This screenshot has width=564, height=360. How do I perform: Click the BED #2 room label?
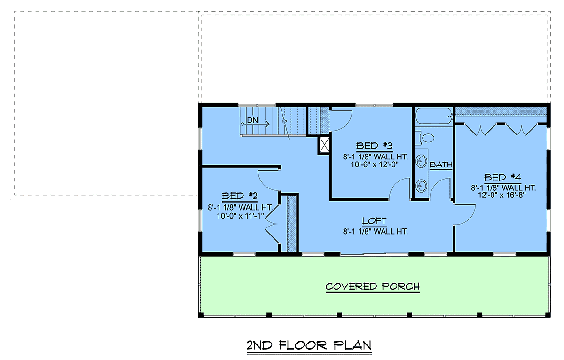[x=239, y=196]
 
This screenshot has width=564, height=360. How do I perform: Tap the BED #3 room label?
[x=374, y=146]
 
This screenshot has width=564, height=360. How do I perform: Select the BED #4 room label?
[x=502, y=178]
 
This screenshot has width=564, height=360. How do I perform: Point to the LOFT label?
[x=374, y=221]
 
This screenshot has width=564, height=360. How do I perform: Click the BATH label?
[x=441, y=164]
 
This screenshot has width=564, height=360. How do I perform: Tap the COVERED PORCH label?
[x=373, y=287]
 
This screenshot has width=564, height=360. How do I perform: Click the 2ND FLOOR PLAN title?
[x=309, y=345]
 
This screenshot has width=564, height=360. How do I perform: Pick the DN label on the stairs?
[x=252, y=120]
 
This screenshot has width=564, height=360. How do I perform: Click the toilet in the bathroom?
[x=425, y=138]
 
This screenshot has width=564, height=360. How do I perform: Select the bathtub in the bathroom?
[x=433, y=116]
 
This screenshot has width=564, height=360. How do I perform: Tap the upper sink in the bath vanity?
[x=421, y=161]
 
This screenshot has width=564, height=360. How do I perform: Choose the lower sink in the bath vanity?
[x=421, y=186]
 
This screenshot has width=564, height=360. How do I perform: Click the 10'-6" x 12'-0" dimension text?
[x=375, y=164]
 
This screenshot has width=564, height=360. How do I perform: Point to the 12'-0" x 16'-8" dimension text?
[x=502, y=196]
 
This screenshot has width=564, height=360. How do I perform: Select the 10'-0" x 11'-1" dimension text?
[x=241, y=216]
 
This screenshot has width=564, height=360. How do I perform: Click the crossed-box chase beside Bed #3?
[x=324, y=145]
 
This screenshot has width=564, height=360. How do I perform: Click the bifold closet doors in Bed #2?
[x=272, y=224]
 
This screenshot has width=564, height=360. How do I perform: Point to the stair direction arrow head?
[x=268, y=124]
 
